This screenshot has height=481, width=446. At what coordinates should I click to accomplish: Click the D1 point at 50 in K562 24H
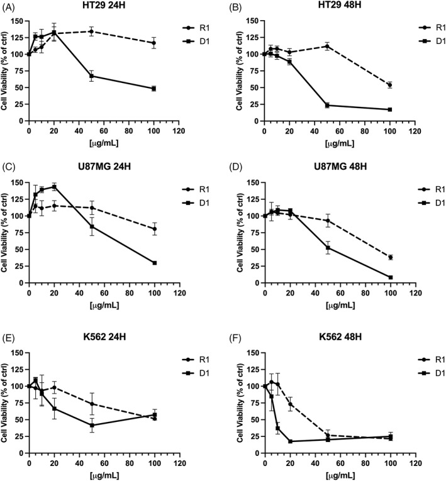click(91, 425)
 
